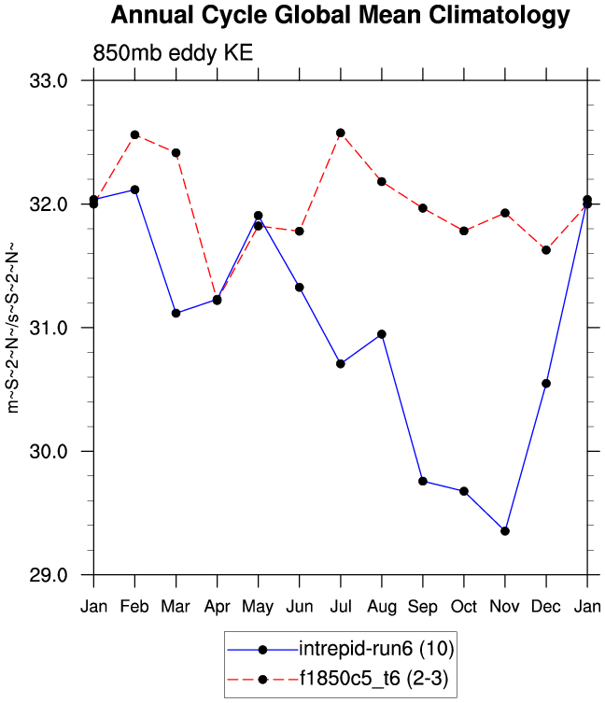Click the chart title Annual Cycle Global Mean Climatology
tap(339, 16)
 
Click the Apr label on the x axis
tap(217, 607)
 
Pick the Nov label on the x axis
tap(505, 607)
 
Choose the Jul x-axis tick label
tap(341, 607)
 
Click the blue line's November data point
tap(505, 530)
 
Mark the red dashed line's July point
tap(341, 133)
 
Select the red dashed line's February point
tap(134, 134)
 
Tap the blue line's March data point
tap(176, 313)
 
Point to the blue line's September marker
tap(423, 481)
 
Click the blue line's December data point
tap(546, 383)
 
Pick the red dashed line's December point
tap(546, 249)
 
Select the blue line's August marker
tap(382, 333)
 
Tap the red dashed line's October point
tap(464, 230)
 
